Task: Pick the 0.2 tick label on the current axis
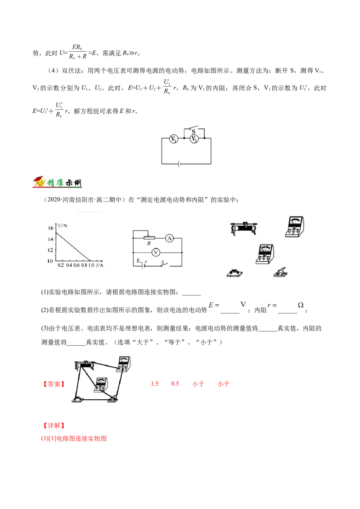coord(61,265)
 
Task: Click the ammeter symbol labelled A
coord(170,239)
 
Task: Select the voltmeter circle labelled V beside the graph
coord(156,253)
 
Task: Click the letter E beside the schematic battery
coord(138,260)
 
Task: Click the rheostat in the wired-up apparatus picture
coord(84,366)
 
